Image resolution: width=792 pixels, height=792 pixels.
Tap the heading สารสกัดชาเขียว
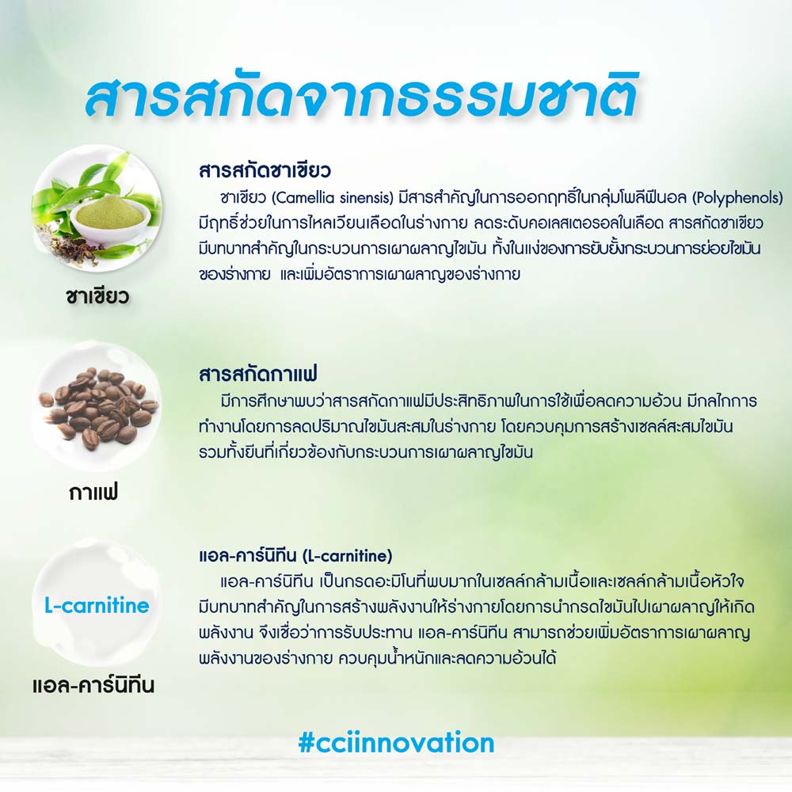click(x=265, y=171)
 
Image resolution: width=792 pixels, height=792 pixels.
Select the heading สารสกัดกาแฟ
click(x=258, y=375)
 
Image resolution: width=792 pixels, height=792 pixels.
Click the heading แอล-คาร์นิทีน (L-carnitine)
click(x=295, y=556)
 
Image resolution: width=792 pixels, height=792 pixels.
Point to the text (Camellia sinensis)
click(x=333, y=197)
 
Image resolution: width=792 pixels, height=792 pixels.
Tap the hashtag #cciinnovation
click(x=396, y=743)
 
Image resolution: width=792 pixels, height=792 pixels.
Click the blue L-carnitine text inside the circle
click(x=97, y=604)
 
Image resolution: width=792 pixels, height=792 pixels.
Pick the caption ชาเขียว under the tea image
click(x=97, y=296)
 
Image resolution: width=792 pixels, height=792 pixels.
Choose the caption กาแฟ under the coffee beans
click(x=93, y=492)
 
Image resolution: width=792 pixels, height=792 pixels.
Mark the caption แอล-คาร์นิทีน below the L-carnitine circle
click(x=93, y=685)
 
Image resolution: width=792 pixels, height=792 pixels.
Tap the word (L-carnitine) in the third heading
click(x=347, y=556)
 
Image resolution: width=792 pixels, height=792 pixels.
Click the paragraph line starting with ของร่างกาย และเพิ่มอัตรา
click(x=359, y=274)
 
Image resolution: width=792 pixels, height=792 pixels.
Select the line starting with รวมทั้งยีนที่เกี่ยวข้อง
click(x=366, y=452)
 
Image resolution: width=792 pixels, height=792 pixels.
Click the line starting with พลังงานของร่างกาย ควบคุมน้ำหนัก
click(x=377, y=658)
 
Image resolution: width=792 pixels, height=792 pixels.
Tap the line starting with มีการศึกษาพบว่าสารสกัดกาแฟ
click(x=489, y=401)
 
